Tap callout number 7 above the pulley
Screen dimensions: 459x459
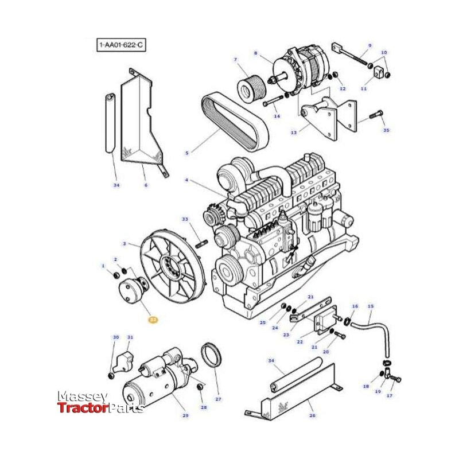pos(235,60)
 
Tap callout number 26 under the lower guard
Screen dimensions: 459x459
pos(312,415)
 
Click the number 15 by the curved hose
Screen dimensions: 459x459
pos(370,307)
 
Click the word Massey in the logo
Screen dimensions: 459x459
pos(81,396)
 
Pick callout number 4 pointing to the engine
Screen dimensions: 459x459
pos(186,181)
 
